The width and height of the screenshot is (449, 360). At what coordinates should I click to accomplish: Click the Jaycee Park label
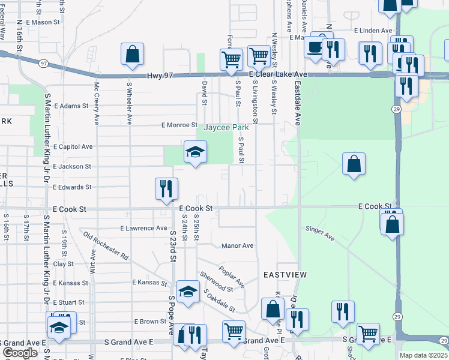click(226, 128)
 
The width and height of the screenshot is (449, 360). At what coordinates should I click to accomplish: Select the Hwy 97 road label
click(160, 76)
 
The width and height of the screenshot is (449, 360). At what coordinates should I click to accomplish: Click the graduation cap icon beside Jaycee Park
click(195, 154)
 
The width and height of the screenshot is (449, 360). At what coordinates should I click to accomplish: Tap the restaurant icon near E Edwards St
click(165, 188)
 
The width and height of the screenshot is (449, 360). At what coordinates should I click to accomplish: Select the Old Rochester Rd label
click(106, 246)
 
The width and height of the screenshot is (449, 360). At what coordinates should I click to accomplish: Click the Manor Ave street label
click(237, 245)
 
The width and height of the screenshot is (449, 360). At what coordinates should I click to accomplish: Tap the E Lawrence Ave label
click(143, 228)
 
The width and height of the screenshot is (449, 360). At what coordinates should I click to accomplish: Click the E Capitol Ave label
click(73, 146)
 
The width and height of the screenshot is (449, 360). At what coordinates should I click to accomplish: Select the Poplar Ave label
click(232, 276)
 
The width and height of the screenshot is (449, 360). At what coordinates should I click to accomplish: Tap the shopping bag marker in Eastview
click(273, 310)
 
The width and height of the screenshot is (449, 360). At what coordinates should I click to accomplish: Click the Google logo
click(19, 353)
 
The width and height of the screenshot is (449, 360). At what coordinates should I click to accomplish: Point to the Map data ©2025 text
click(423, 355)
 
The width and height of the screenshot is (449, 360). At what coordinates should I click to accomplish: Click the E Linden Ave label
click(373, 30)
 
